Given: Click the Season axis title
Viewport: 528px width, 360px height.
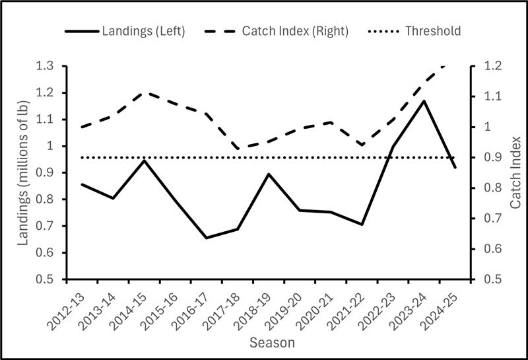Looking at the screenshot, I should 272,343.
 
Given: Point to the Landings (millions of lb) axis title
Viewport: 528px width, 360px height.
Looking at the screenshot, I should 23,172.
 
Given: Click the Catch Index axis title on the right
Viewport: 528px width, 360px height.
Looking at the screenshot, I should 515,172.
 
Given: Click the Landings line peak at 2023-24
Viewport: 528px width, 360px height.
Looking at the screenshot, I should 424,101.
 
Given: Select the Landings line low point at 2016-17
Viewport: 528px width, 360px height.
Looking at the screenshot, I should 206,238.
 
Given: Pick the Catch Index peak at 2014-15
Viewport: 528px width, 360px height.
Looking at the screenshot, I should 144,92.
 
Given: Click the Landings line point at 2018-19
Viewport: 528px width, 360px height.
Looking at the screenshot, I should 268,174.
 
